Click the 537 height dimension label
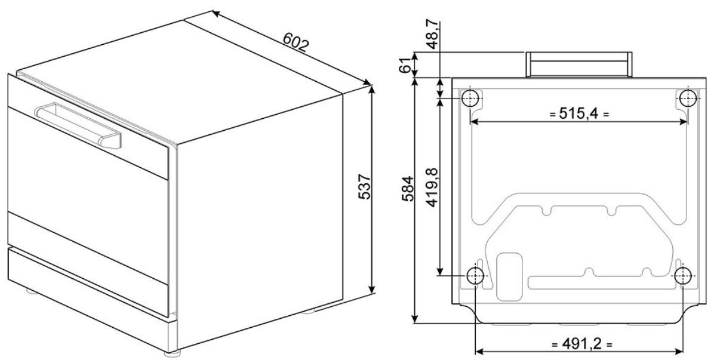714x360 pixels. click(x=364, y=186)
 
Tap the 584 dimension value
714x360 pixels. click(x=408, y=189)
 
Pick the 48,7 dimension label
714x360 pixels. click(x=433, y=34)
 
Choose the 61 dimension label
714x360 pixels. click(x=408, y=66)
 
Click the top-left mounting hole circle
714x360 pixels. click(x=470, y=97)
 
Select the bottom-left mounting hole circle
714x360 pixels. click(x=475, y=275)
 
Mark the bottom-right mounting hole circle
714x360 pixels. click(x=683, y=275)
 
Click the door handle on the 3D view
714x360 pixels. click(x=78, y=125)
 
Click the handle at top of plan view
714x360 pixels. click(x=578, y=64)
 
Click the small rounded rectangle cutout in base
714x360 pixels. click(x=510, y=276)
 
